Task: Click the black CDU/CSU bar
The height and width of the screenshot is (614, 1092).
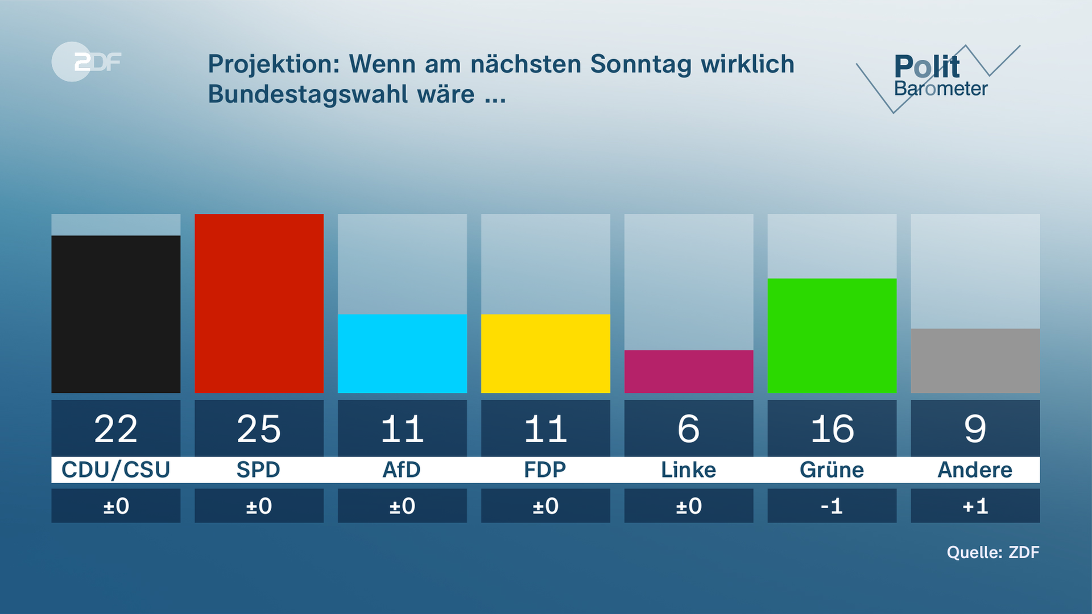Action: (115, 314)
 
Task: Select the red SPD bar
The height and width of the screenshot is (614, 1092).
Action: (259, 303)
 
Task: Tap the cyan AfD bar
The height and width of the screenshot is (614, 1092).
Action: (402, 353)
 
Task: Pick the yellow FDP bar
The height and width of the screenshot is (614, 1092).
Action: (545, 353)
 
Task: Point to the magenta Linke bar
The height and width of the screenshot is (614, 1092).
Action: (689, 371)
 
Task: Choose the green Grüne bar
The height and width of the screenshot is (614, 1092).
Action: (832, 335)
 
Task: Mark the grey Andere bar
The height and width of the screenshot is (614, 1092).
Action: (975, 360)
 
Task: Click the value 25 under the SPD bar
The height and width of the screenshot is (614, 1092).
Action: (259, 429)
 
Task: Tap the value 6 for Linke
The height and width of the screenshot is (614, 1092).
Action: (689, 429)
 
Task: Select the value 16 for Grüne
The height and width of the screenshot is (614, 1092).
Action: (832, 429)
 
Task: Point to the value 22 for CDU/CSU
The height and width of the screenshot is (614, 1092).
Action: (115, 429)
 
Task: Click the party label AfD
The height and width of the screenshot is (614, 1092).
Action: (402, 470)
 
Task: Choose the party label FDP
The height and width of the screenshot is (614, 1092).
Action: (545, 470)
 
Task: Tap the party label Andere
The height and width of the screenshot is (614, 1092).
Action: (975, 470)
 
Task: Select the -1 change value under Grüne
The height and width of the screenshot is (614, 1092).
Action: (832, 506)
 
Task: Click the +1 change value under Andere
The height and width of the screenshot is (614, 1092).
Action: (975, 506)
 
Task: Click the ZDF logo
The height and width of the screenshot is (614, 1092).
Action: (86, 61)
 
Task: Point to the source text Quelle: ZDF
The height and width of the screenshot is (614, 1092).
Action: (992, 552)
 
